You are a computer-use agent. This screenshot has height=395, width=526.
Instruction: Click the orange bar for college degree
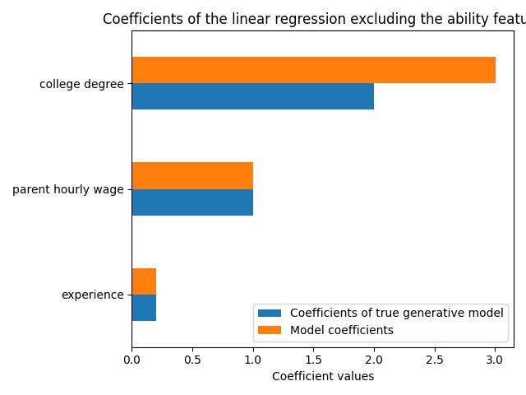pos(313,70)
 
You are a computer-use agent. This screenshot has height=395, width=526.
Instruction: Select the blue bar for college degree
pos(252,96)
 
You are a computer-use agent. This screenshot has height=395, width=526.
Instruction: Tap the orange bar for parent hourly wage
pos(192,175)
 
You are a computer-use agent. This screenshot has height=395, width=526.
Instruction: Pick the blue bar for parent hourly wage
pos(192,202)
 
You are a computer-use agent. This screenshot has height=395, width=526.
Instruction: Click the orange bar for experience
pos(144,281)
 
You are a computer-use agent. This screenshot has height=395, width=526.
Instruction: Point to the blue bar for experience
pos(144,308)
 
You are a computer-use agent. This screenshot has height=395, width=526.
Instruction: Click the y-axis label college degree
pos(81,84)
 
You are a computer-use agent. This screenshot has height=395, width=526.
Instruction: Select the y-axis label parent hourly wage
pos(67,189)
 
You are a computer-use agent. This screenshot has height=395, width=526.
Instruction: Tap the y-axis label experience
pos(93,295)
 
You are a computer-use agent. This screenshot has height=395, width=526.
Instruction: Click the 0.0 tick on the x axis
pos(131,360)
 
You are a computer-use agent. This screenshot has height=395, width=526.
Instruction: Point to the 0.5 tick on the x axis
pos(192,360)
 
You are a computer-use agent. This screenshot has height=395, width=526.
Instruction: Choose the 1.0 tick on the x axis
pos(253,360)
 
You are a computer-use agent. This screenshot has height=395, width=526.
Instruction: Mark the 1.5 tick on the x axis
pos(313,360)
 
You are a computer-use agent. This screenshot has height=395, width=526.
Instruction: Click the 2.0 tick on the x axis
pos(374,360)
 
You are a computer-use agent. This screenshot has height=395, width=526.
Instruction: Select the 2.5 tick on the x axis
pos(435,360)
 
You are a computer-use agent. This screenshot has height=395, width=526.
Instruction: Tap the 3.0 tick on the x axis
pos(495,360)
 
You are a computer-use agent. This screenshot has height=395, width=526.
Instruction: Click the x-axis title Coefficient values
pos(322,376)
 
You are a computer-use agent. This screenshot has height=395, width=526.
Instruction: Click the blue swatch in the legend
pos(270,313)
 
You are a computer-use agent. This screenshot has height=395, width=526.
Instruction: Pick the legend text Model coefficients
pos(342,330)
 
